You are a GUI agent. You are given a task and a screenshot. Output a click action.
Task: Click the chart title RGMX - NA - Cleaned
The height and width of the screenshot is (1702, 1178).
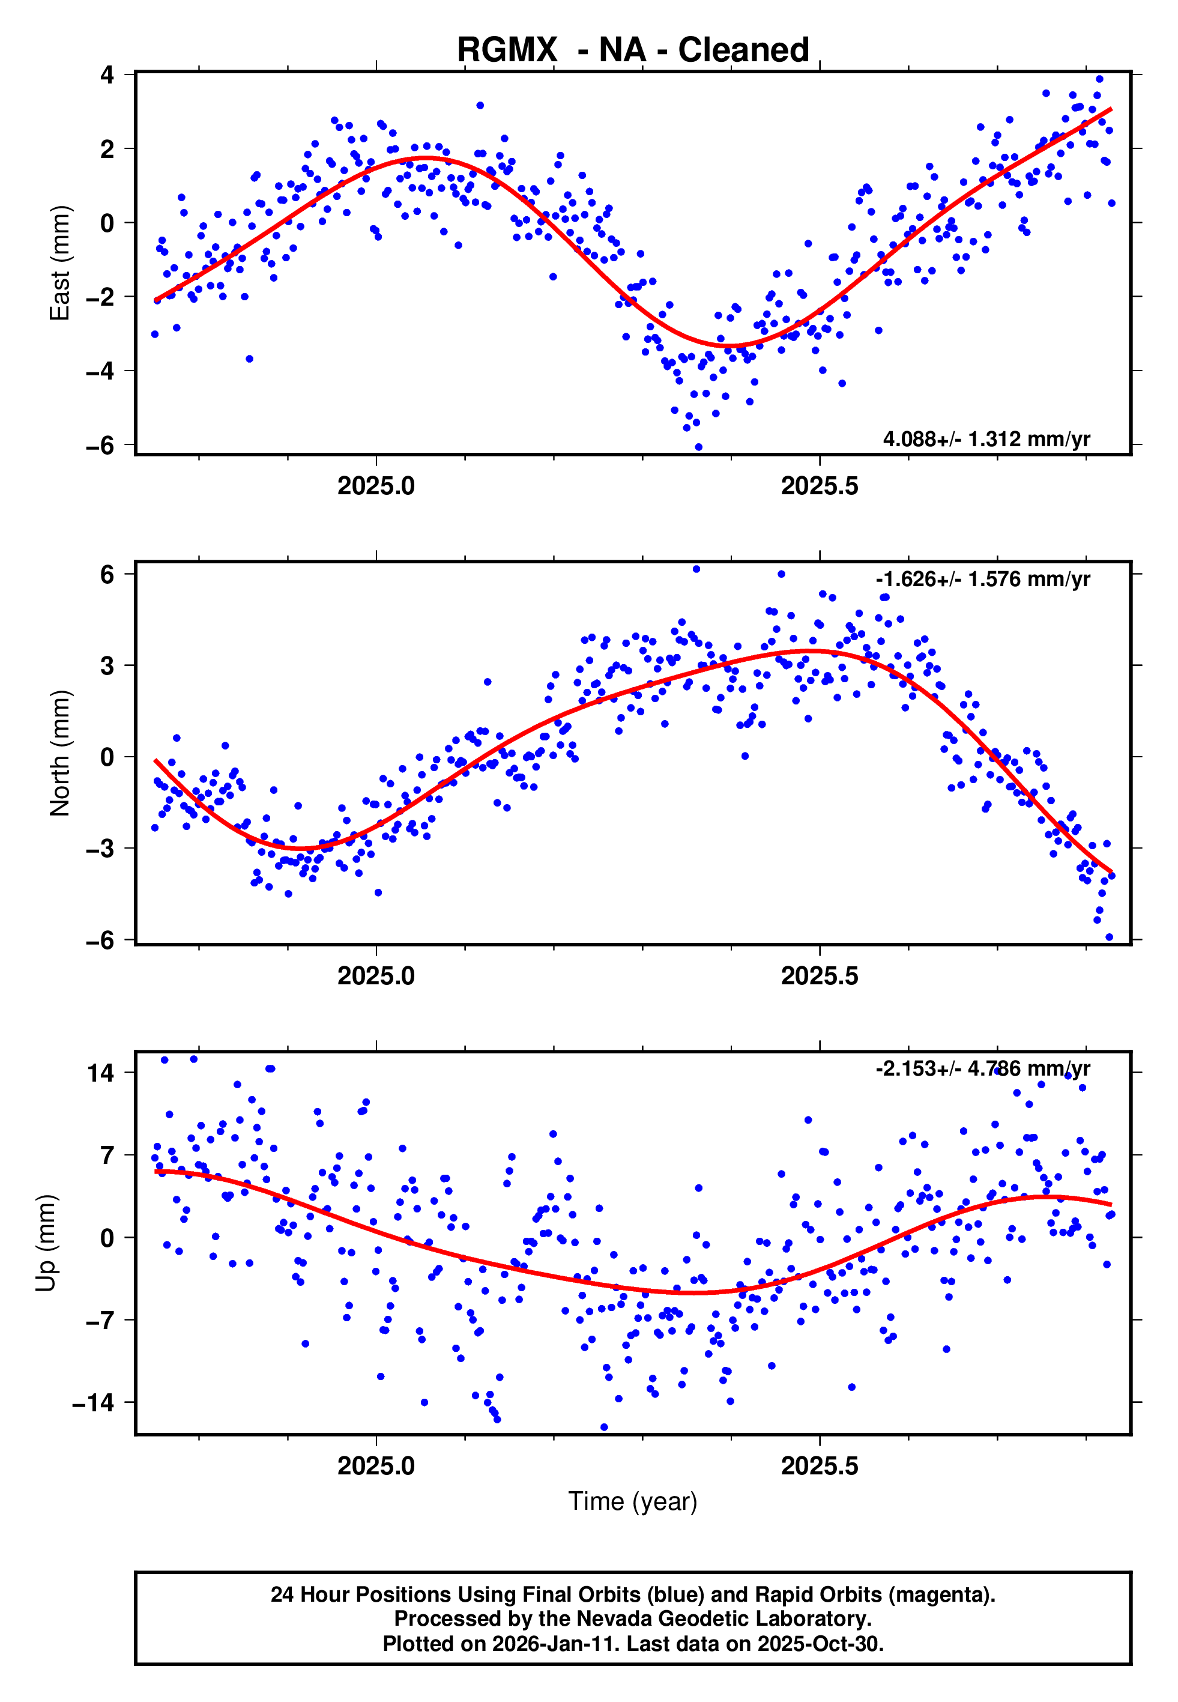[x=633, y=50]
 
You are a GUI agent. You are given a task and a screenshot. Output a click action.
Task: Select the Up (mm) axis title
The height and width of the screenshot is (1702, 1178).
[x=46, y=1243]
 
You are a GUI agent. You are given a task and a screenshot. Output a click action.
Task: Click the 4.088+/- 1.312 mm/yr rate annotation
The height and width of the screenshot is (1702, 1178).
[x=986, y=439]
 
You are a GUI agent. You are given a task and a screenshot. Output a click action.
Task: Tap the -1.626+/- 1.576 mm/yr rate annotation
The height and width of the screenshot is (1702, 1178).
[x=982, y=580]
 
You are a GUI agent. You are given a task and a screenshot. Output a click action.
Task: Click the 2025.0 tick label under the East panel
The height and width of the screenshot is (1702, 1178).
[x=376, y=486]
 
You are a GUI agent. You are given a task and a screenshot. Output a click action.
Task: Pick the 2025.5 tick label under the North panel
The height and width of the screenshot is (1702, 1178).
[x=820, y=977]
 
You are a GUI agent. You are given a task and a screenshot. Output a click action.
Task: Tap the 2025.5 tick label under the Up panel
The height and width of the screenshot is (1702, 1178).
[x=820, y=1466]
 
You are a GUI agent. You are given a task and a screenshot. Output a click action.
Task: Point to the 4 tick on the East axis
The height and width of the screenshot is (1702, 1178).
[x=107, y=74]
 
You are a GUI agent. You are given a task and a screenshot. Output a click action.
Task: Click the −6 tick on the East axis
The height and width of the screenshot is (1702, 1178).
[x=100, y=446]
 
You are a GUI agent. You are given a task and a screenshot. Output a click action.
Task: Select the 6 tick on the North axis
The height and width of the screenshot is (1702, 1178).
[x=107, y=575]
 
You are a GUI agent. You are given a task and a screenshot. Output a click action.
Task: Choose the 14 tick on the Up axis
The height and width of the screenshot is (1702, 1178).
[x=101, y=1073]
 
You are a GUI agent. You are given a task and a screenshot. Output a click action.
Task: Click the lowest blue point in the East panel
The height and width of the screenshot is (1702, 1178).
[x=698, y=447]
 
